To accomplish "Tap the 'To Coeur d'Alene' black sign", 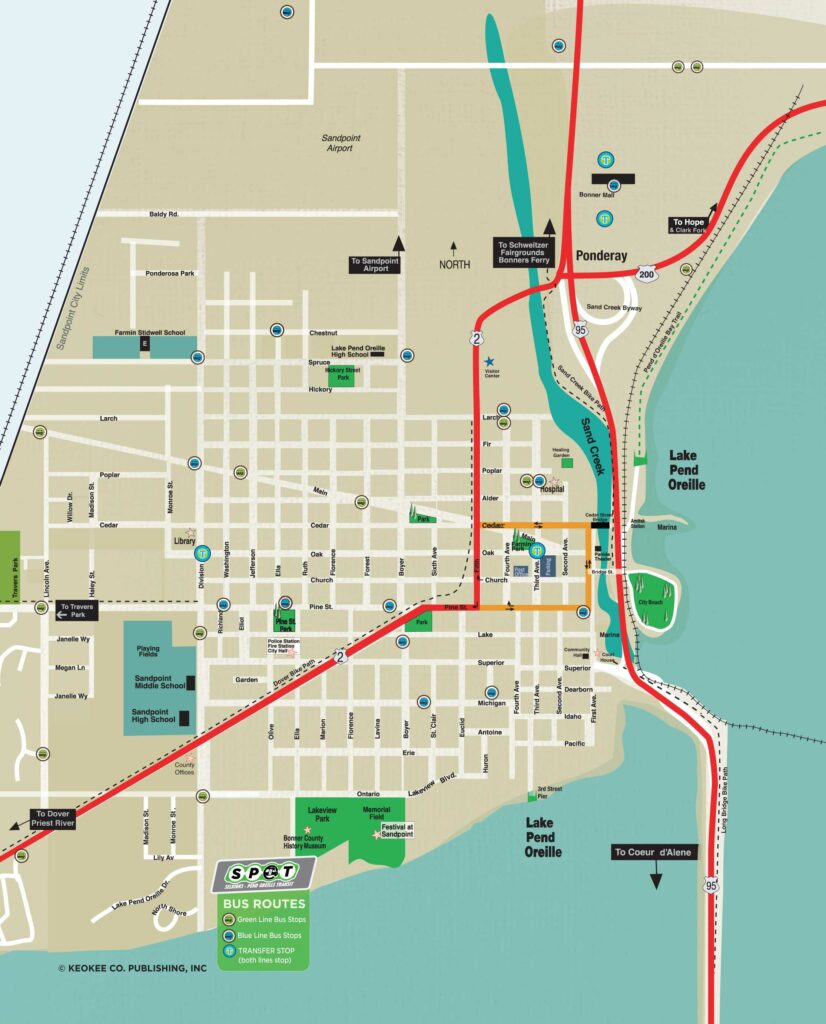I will click(x=655, y=853).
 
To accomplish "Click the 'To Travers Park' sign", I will click(x=77, y=610).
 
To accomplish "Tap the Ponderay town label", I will click(x=602, y=256).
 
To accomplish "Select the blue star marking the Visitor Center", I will click(x=489, y=361).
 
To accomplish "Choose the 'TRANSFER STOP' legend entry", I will click(x=272, y=951).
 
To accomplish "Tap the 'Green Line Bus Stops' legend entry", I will click(x=271, y=918).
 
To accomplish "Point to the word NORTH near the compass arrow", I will click(x=454, y=265).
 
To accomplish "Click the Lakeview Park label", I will click(x=326, y=812).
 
